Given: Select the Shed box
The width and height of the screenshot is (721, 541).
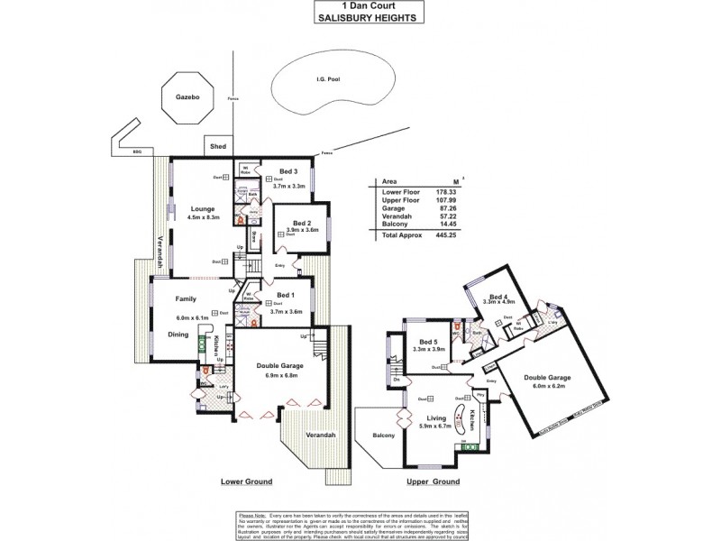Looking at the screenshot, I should click(x=217, y=146).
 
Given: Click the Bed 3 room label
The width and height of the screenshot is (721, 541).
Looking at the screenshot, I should click(x=288, y=171).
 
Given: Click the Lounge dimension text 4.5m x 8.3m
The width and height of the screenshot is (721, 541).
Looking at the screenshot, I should click(x=202, y=217).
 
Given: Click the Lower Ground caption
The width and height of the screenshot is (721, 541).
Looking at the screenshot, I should click(x=246, y=482).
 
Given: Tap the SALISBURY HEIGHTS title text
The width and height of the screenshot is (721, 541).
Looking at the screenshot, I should click(x=360, y=17).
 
